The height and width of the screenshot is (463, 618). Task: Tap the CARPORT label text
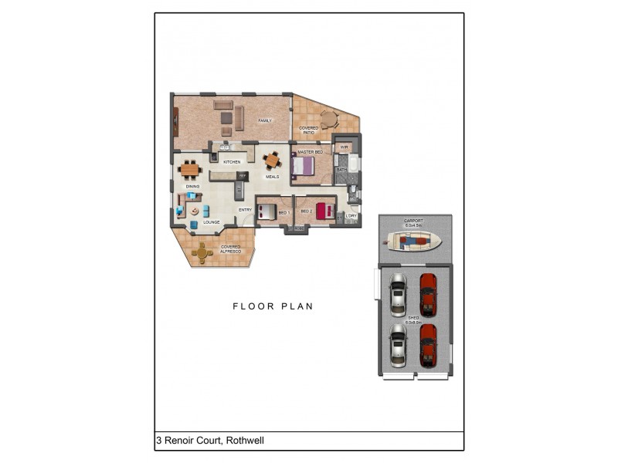[x=414, y=221]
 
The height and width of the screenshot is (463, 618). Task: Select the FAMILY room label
[x=265, y=121]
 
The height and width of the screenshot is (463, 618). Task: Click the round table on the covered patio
[x=329, y=119]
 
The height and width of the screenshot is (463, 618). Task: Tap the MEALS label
[x=272, y=177]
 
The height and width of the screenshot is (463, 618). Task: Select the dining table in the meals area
[x=272, y=161]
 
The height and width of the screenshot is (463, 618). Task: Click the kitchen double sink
[x=226, y=147]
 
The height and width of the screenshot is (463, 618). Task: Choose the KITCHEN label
[x=232, y=162]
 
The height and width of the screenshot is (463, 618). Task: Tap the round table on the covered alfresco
[x=203, y=252]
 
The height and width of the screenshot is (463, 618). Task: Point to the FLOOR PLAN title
[x=273, y=306]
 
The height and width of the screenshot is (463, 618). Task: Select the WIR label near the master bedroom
[x=345, y=147]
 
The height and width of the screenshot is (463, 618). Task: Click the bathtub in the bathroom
[x=353, y=163]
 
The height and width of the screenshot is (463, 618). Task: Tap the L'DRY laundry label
[x=351, y=215]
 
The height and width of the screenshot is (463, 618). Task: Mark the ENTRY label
[x=245, y=210]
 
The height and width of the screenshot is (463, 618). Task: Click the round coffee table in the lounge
[x=195, y=210]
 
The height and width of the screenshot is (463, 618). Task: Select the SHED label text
[x=414, y=317]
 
